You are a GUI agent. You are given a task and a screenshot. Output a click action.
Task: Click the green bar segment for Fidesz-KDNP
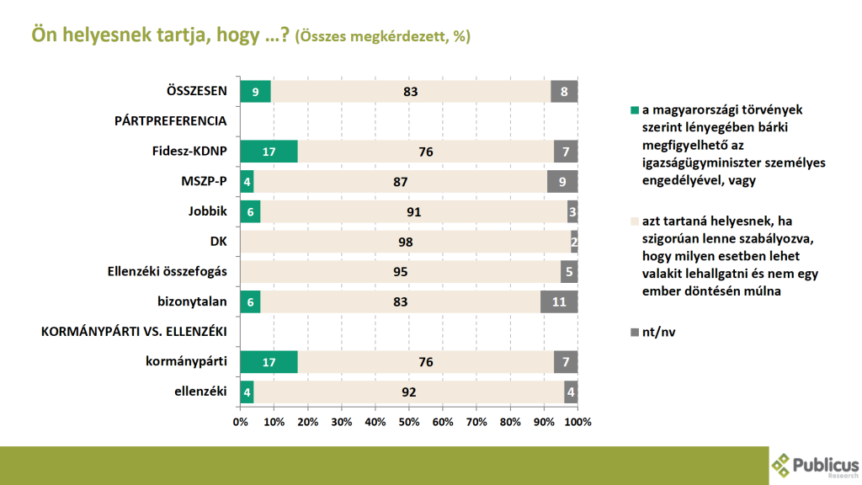269,152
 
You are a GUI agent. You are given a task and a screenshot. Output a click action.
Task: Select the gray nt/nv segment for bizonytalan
559,301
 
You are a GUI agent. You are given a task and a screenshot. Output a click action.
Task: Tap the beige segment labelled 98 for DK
406,242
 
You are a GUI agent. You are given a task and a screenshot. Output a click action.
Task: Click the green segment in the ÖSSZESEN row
255,92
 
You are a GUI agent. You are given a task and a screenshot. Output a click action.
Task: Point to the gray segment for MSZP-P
562,182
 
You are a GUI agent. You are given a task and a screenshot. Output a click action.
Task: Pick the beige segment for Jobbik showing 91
413,211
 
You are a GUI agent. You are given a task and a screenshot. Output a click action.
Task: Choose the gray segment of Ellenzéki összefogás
569,271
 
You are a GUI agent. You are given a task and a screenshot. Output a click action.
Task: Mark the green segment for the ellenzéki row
247,392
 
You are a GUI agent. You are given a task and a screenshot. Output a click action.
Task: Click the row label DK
219,242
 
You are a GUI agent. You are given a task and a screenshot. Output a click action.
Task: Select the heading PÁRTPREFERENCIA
170,121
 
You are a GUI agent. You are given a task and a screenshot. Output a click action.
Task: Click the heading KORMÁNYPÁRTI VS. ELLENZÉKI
134,332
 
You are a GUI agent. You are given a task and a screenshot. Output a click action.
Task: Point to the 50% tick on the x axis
409,421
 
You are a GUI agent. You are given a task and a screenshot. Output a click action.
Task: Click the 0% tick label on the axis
240,421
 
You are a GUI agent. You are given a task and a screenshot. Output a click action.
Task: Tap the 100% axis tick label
577,421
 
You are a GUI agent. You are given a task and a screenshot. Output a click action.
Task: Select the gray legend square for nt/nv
635,333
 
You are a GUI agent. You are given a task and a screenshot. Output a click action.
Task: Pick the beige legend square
635,221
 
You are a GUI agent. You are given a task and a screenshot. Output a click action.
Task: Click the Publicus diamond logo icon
782,463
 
